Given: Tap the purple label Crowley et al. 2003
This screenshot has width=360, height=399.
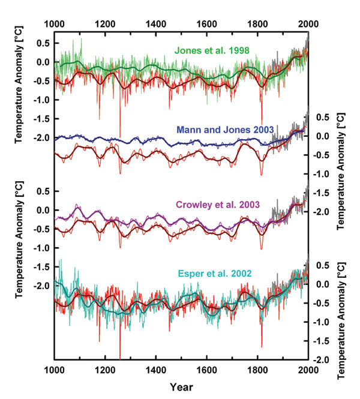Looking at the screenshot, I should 217,205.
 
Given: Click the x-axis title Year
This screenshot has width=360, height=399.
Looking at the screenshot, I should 181,387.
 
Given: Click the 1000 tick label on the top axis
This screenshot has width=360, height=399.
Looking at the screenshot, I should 55,24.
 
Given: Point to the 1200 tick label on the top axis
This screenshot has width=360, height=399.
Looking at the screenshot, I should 105,24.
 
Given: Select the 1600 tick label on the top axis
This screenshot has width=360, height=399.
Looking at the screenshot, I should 206,24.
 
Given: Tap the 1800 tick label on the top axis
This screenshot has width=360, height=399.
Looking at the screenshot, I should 257,24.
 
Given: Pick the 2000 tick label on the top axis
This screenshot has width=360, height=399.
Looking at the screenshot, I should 307,24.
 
